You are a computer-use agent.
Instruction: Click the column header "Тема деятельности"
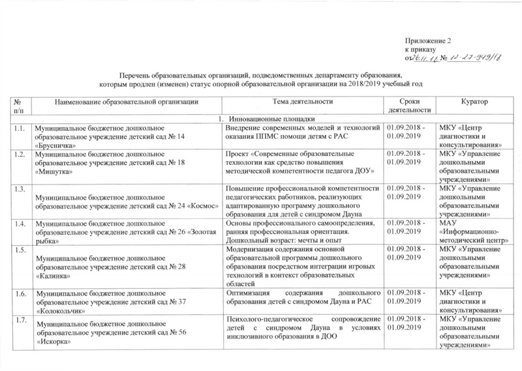pyautogui.click(x=302, y=101)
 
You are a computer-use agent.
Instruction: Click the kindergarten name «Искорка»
pyautogui.click(x=56, y=341)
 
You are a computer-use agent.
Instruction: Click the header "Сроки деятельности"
pyautogui.click(x=410, y=105)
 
